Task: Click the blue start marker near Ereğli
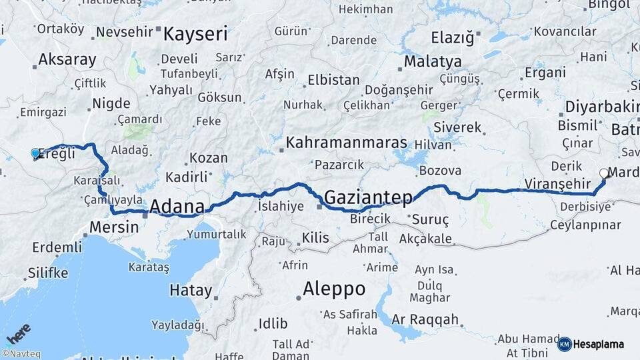(x=35, y=153)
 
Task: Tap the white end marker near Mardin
(x=604, y=173)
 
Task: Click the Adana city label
(x=177, y=206)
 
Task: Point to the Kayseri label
(x=196, y=33)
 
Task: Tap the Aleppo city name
(x=334, y=289)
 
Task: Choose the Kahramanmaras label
(x=346, y=143)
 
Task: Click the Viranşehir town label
(x=557, y=183)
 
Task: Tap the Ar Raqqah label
(x=425, y=319)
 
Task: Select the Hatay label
(x=191, y=291)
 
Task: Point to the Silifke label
(x=48, y=273)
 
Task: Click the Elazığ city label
(x=452, y=38)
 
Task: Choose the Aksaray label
(x=67, y=59)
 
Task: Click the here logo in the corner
(x=19, y=332)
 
